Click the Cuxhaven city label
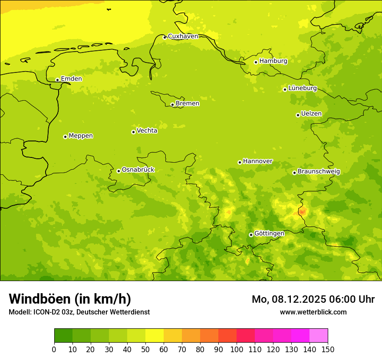coord(183,36)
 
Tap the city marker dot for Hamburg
coord(256,62)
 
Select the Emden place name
coord(71,79)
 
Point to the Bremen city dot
coord(172,105)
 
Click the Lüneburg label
coord(303,88)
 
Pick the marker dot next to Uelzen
coord(298,115)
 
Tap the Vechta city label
coord(147,131)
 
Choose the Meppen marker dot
coord(65,137)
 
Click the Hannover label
coord(257,161)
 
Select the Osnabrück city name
coord(138,170)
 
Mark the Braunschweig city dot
coord(294,173)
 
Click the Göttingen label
coord(269,233)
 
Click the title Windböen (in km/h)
coord(70,299)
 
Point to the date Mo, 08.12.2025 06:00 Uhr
coord(313,299)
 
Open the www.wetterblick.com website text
coord(313,312)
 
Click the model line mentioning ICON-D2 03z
coord(79,312)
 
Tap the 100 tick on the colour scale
coord(237,349)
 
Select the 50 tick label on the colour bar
coord(145,349)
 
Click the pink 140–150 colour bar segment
coord(319,336)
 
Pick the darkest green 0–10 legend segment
coord(63,336)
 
